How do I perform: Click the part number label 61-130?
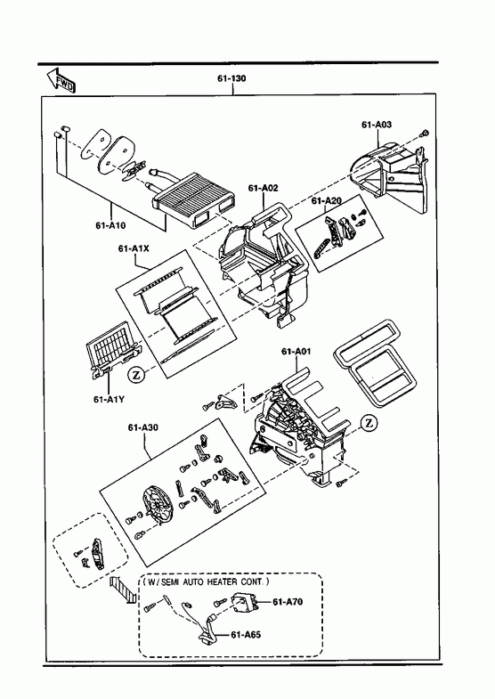231,78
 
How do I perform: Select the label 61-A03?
377,125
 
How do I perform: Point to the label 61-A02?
263,188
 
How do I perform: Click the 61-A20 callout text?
327,201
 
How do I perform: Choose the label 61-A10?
110,225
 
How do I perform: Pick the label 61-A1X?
134,248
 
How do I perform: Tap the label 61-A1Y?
109,399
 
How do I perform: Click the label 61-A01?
296,352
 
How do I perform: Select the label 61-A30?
143,427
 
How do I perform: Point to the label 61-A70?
288,602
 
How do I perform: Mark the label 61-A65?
246,634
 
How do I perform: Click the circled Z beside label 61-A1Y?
135,376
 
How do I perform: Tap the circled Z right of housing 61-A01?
369,423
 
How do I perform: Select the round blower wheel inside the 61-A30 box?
158,506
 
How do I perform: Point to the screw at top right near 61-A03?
425,133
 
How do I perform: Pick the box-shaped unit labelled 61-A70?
244,603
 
